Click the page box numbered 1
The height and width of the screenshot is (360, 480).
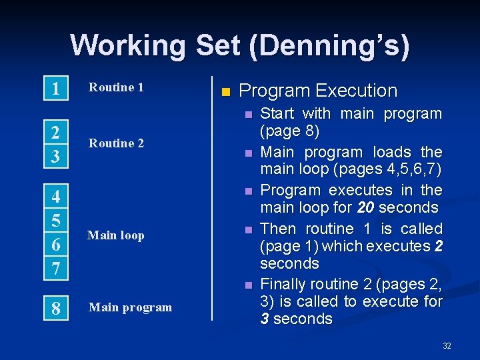(57, 89)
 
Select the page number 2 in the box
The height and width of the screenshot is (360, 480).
(57, 133)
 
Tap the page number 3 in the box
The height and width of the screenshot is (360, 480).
(57, 156)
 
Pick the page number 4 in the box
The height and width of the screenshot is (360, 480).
(57, 197)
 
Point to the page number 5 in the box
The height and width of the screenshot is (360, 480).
(57, 220)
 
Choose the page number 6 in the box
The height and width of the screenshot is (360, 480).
(57, 245)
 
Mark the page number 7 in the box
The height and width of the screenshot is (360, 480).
(57, 268)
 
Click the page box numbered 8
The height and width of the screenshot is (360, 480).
(57, 309)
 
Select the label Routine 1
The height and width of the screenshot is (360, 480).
(116, 87)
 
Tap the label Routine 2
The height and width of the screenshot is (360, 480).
(116, 143)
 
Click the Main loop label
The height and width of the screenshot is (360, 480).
(116, 235)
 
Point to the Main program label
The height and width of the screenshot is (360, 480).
(130, 307)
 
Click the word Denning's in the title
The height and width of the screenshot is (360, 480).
(327, 45)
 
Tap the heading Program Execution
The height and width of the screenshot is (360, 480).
(317, 91)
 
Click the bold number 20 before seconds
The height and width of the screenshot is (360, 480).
(365, 208)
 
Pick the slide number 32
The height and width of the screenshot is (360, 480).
(447, 345)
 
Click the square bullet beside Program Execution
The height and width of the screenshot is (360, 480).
(225, 91)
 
